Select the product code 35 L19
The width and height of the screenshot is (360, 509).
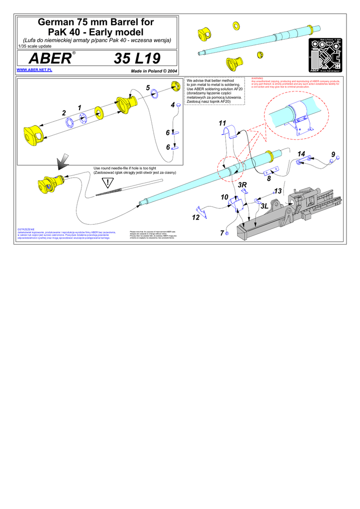pos(137,59)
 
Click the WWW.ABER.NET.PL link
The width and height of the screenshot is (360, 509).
pos(34,71)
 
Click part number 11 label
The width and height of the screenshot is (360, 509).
pos(222,123)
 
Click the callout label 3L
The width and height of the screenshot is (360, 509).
pos(265,205)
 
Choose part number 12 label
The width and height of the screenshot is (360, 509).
pos(196,217)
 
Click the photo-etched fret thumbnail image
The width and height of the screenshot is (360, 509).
pos(326,56)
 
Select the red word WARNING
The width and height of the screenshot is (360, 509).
pos(257,78)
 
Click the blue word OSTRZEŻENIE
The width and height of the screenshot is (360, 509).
pos(26,229)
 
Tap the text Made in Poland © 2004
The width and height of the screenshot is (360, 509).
pos(154,71)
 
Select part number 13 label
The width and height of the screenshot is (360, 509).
pos(277,191)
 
